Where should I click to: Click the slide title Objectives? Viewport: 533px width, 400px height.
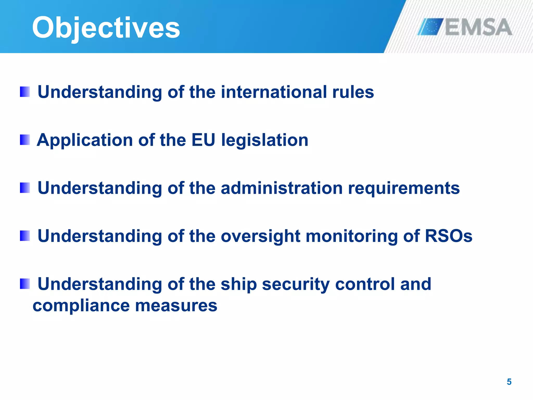click(106, 27)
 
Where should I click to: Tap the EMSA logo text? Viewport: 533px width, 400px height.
click(478, 27)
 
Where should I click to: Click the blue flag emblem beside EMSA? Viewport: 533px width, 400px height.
click(431, 27)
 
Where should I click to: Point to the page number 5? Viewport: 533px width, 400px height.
click(509, 382)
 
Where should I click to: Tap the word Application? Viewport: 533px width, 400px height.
click(85, 141)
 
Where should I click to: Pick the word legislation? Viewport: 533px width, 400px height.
click(265, 141)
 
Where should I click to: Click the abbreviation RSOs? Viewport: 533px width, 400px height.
click(448, 236)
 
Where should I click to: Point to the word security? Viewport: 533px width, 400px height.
click(296, 284)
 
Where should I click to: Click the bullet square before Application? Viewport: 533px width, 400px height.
click(25, 140)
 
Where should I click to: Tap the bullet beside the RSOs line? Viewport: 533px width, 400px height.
click(25, 236)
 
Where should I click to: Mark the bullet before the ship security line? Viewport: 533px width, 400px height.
click(25, 284)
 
